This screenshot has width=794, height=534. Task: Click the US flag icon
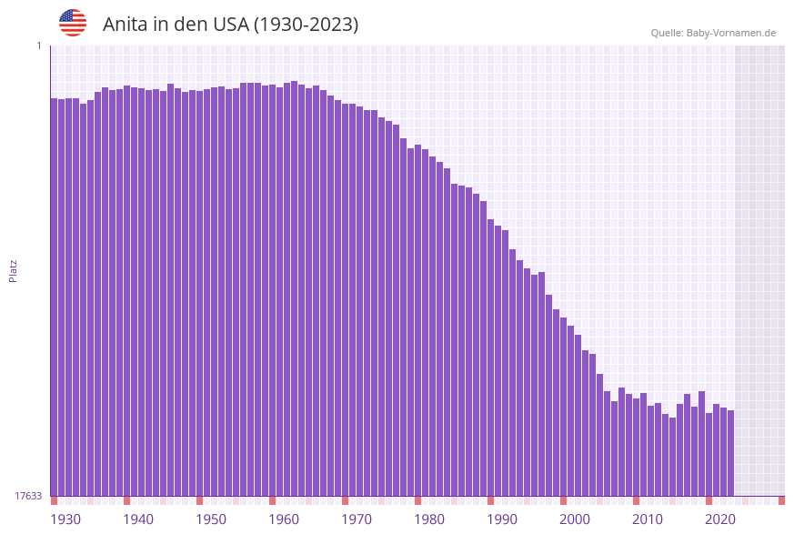[x=73, y=23]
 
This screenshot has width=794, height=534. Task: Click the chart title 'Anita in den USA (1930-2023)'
[x=230, y=25]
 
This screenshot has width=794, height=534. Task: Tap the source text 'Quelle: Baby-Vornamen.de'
[x=713, y=33]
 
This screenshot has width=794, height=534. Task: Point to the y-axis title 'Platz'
[x=14, y=270]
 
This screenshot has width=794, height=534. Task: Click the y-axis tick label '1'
[x=39, y=45]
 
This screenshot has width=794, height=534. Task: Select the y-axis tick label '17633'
[x=28, y=496]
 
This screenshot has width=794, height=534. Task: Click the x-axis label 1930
[x=65, y=519]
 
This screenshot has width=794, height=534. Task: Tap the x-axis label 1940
[x=138, y=519]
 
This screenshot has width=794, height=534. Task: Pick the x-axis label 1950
[x=211, y=519]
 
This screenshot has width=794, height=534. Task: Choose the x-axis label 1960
[x=284, y=519]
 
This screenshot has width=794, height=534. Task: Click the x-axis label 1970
[x=357, y=519]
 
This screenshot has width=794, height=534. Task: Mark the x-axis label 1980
[x=429, y=519]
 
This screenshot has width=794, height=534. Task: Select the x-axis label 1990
[x=502, y=519]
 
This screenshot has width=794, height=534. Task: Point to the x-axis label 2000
[x=575, y=519]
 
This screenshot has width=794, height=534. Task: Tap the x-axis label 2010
[x=648, y=519]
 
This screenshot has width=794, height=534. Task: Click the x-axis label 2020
[x=720, y=519]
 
